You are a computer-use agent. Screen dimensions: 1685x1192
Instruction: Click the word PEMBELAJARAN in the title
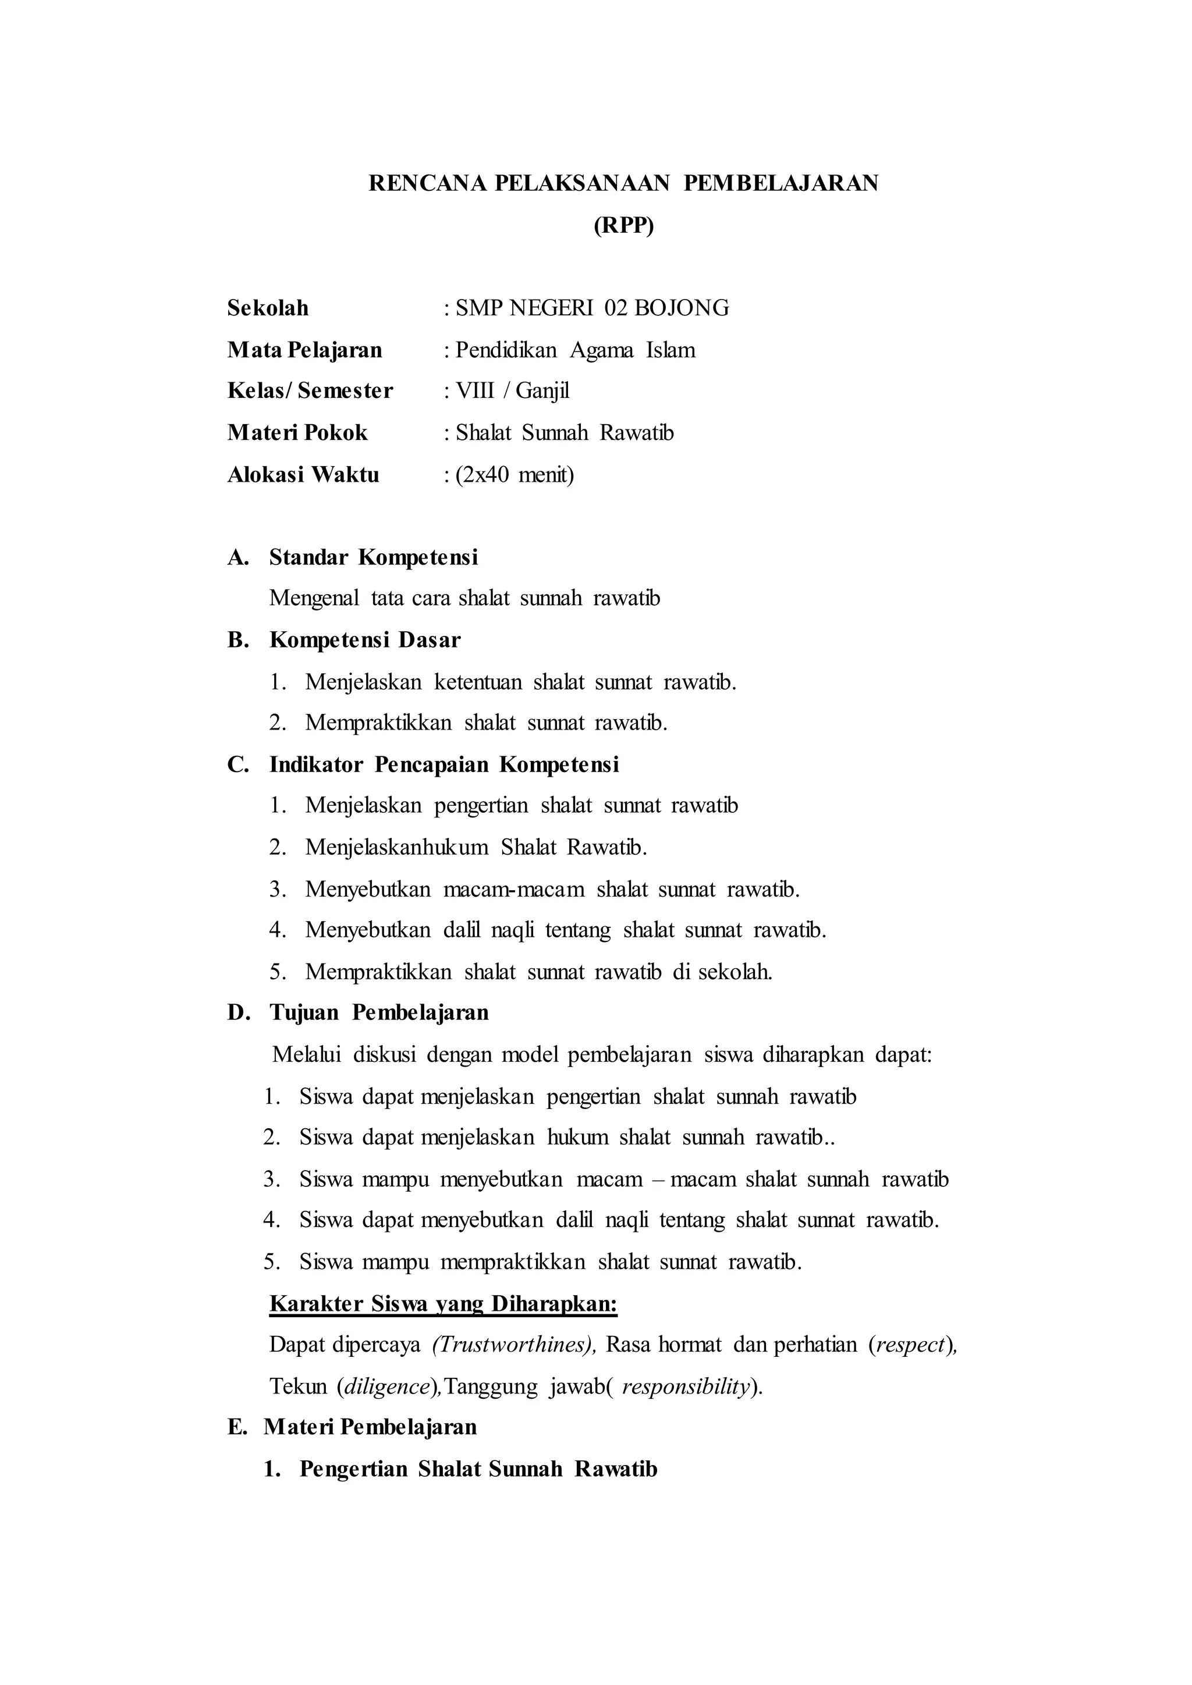click(x=781, y=183)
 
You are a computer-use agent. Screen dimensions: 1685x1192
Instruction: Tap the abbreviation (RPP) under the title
click(x=623, y=225)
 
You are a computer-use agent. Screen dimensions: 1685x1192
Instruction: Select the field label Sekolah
click(x=268, y=308)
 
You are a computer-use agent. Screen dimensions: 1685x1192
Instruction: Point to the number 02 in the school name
click(x=616, y=308)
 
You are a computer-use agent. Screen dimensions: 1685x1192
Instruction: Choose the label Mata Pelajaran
click(x=304, y=350)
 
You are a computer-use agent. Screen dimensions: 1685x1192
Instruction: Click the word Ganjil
click(x=542, y=391)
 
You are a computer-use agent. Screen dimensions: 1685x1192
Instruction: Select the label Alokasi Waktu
click(x=303, y=475)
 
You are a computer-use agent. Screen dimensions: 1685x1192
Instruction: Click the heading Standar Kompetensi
click(x=374, y=558)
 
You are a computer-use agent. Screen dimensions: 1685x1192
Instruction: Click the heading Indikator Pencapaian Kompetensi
click(x=444, y=765)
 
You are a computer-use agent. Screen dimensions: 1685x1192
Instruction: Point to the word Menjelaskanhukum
click(x=396, y=848)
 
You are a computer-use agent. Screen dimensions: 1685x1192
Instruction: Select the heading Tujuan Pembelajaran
click(x=379, y=1013)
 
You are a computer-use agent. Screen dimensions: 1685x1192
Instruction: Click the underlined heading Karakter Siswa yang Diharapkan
click(x=444, y=1304)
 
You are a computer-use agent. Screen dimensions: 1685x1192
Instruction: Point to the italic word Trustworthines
click(x=513, y=1345)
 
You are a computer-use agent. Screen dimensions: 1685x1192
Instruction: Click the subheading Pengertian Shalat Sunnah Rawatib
click(x=478, y=1469)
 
